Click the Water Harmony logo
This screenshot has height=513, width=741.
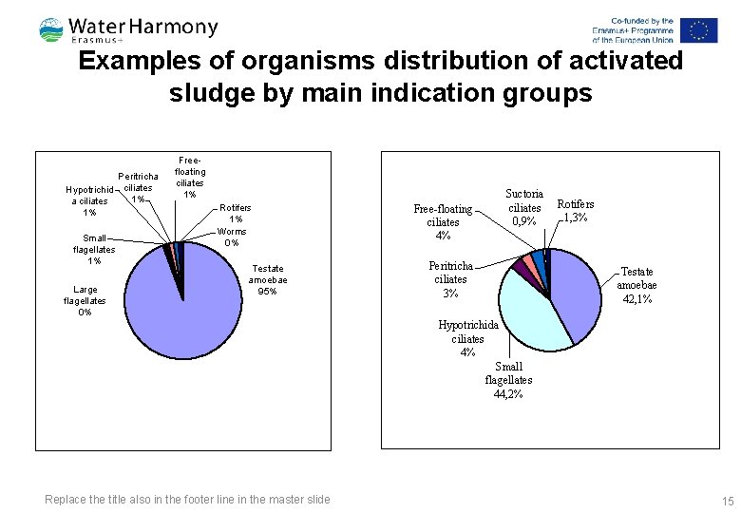click(128, 29)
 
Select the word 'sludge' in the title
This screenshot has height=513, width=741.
click(205, 93)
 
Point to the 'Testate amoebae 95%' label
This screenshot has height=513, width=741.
click(268, 280)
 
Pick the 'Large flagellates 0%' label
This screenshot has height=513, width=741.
click(85, 300)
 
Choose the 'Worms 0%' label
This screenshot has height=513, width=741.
click(232, 237)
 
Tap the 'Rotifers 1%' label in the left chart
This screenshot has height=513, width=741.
click(236, 214)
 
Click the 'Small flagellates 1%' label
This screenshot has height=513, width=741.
click(94, 250)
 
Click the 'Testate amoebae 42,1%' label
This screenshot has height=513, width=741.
click(637, 285)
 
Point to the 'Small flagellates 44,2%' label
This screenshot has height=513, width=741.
click(508, 380)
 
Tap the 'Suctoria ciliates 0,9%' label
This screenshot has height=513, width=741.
click(524, 207)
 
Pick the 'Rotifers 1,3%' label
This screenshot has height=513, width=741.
click(575, 210)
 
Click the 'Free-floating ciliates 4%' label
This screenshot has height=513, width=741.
click(443, 221)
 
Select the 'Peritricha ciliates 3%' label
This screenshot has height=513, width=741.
click(450, 279)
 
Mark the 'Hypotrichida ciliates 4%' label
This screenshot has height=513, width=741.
click(467, 338)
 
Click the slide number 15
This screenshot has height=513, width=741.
click(728, 501)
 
